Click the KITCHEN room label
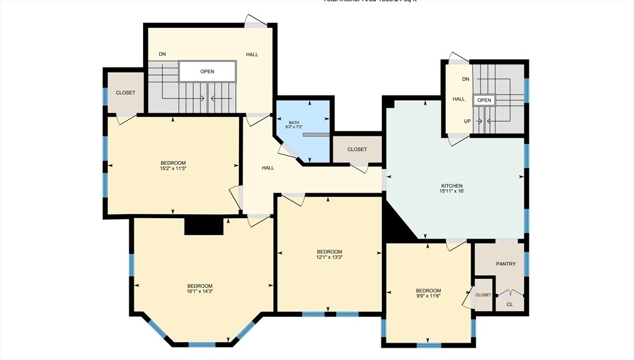pos(451,186)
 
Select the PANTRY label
pos(506,264)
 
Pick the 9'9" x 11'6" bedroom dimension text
pos(428,296)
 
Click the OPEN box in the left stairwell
pos(207,71)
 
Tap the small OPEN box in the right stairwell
pos(484,100)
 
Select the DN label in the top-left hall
pos(162,55)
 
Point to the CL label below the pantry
pos(510,304)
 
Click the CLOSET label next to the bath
pos(357,149)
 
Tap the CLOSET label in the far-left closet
pos(125,93)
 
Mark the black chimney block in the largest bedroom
pos(204,226)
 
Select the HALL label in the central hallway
pos(267,168)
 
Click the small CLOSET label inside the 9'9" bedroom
pos(484,295)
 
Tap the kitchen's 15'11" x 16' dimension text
pos(451,191)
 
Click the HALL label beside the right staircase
pos(458,99)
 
